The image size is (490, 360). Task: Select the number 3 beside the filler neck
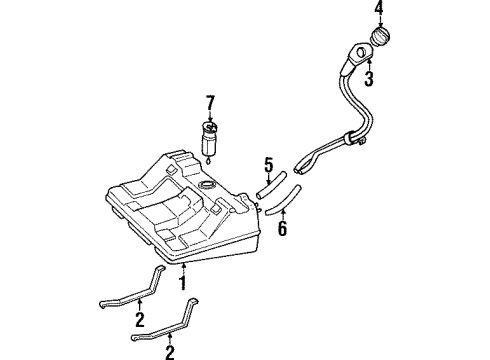pyautogui.click(x=369, y=78)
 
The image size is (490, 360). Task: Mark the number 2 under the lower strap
pyautogui.click(x=169, y=352)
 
